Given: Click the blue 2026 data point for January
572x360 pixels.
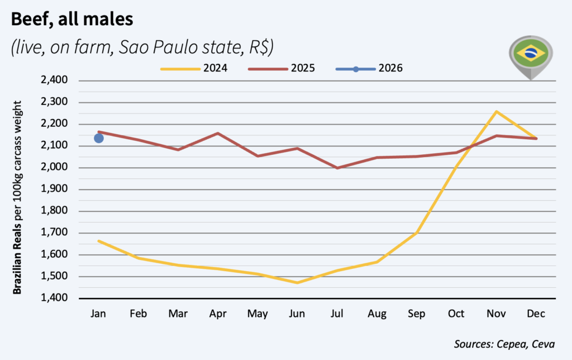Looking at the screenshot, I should [x=99, y=138].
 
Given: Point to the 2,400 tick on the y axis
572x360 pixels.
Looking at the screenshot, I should [x=55, y=80].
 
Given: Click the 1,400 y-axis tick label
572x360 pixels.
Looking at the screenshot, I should [x=55, y=298].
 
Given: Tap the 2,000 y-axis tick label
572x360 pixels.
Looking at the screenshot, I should [x=55, y=168].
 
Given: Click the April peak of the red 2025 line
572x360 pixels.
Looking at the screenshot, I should [x=218, y=133].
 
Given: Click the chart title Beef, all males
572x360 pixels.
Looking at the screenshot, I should [x=72, y=21].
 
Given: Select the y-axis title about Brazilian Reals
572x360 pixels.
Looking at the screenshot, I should [x=18, y=198].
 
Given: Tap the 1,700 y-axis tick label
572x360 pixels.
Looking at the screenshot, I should [x=55, y=233].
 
